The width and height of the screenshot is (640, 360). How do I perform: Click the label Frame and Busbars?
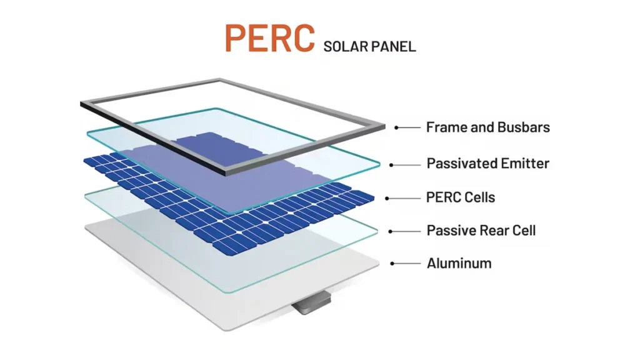click(487, 127)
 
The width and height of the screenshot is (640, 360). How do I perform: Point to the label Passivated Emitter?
click(487, 164)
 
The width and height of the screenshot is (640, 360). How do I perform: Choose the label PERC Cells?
click(460, 197)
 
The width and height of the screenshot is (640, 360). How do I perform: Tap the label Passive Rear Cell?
click(481, 231)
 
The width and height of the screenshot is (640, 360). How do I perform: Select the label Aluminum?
click(459, 263)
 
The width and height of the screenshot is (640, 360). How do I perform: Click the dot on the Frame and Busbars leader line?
click(396, 127)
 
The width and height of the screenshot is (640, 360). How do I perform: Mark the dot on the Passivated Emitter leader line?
click(392, 165)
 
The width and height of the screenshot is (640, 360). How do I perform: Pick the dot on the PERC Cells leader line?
click(387, 198)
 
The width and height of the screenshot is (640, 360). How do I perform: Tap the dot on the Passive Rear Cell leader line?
click(391, 231)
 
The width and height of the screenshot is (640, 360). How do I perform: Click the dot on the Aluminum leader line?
click(392, 264)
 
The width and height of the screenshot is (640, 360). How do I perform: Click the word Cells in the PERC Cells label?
click(479, 197)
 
